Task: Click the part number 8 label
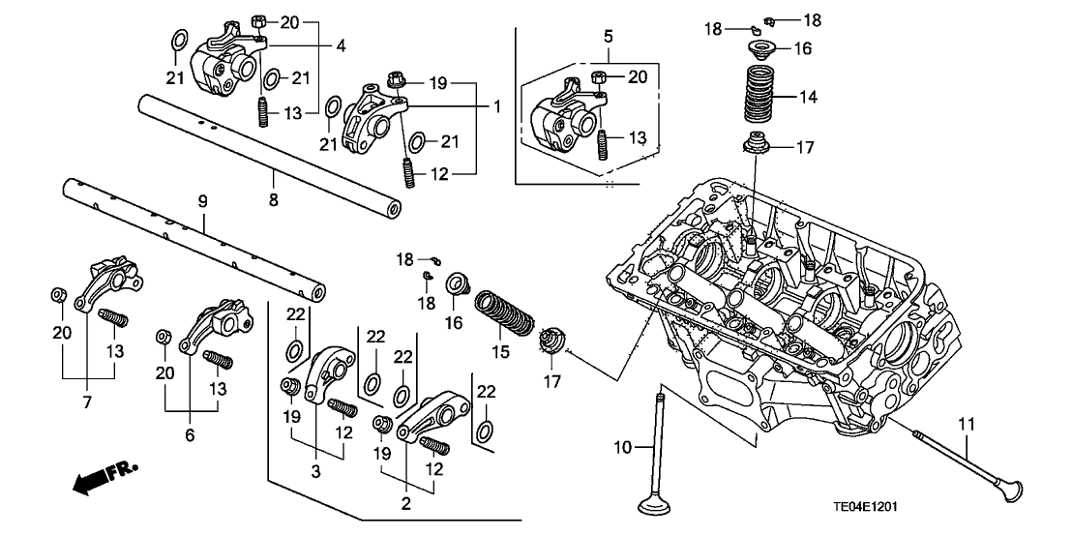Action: click(274, 199)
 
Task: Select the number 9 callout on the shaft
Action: click(203, 202)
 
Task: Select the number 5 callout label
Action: click(608, 37)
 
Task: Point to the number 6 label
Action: click(190, 435)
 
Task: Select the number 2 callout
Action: click(405, 503)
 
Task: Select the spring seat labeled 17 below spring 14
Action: click(759, 146)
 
